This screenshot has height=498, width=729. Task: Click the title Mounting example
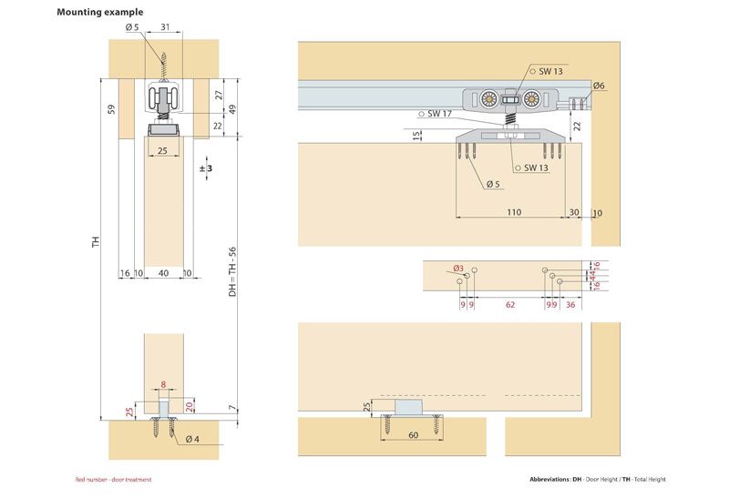pyautogui.click(x=99, y=13)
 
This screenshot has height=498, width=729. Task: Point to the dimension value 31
pyautogui.click(x=165, y=27)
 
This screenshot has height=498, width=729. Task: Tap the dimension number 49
pyautogui.click(x=232, y=108)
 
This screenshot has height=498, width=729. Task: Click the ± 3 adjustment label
pyautogui.click(x=205, y=169)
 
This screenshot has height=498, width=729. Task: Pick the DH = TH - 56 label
pyautogui.click(x=232, y=272)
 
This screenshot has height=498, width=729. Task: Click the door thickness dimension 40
pyautogui.click(x=163, y=272)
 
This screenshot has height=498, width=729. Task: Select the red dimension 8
pyautogui.click(x=163, y=384)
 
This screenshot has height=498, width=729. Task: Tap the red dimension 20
pyautogui.click(x=190, y=406)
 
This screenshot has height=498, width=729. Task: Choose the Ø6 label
pyautogui.click(x=599, y=86)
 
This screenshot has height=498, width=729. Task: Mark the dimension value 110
pyautogui.click(x=512, y=212)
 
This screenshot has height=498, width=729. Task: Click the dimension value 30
pyautogui.click(x=573, y=212)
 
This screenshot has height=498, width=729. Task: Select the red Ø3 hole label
pyautogui.click(x=458, y=269)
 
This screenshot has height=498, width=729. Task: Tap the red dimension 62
pyautogui.click(x=509, y=305)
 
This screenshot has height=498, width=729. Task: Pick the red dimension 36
pyautogui.click(x=570, y=305)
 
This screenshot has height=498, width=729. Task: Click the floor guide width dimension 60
pyautogui.click(x=413, y=436)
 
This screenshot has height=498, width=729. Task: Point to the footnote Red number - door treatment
pyautogui.click(x=113, y=479)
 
